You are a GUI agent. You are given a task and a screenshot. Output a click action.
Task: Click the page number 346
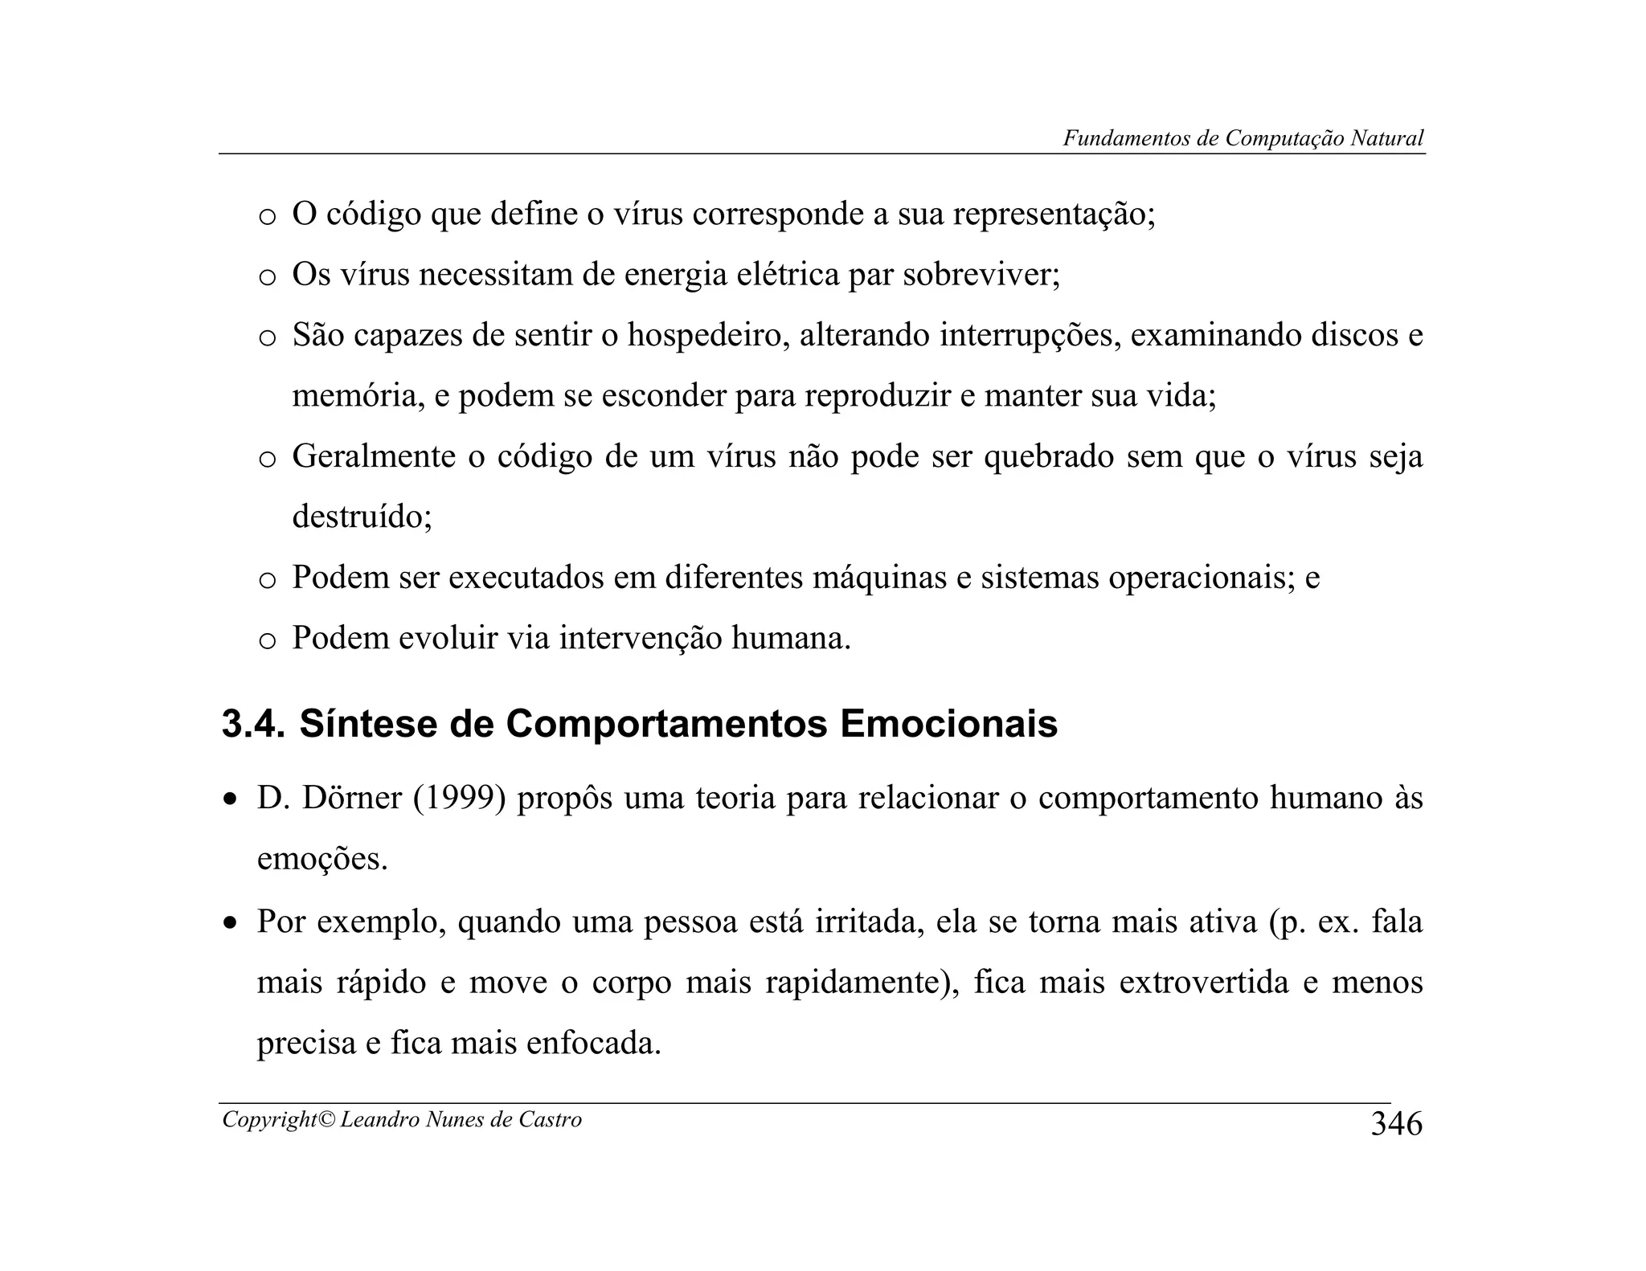click(1396, 1124)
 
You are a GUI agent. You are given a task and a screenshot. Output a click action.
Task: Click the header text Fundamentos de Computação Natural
click(1243, 138)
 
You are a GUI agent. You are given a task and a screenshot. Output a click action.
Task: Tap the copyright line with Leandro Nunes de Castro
click(402, 1119)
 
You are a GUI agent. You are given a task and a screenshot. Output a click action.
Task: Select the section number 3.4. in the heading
click(253, 724)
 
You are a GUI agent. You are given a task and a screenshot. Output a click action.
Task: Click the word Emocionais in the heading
click(948, 724)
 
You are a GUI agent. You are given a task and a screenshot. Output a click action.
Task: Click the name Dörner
click(351, 798)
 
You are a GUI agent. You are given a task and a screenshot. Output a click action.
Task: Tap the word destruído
click(361, 517)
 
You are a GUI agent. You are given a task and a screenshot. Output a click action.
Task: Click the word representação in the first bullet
click(1053, 215)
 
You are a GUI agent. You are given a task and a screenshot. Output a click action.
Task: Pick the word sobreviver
click(981, 275)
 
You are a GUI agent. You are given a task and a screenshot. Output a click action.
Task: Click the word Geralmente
click(374, 456)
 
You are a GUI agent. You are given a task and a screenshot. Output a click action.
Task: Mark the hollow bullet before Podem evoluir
click(267, 640)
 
